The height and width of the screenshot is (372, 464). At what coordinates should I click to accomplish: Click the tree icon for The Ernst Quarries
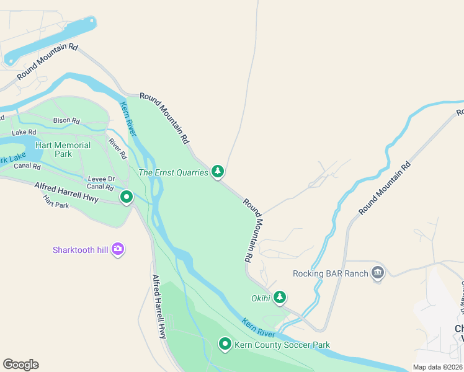(x=217, y=171)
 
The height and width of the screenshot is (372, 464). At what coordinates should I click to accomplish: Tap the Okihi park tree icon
(x=280, y=298)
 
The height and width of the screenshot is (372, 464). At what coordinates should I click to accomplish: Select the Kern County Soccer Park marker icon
(x=225, y=343)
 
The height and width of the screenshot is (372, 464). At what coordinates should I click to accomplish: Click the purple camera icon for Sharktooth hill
(x=118, y=249)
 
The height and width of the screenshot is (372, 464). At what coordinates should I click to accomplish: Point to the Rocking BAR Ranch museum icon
(x=377, y=273)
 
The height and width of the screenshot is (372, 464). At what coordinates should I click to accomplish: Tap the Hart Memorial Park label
(x=63, y=149)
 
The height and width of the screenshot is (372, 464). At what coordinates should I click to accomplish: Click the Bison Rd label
(x=67, y=120)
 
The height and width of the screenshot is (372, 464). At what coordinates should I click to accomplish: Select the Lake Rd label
(x=24, y=132)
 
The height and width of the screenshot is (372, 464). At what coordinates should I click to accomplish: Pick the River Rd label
(x=117, y=148)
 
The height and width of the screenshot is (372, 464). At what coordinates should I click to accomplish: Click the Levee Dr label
(x=101, y=179)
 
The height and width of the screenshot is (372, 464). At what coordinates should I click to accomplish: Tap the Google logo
(x=20, y=365)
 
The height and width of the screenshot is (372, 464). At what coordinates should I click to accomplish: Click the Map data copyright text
(x=437, y=367)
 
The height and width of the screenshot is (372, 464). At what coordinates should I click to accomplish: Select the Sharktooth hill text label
(x=81, y=250)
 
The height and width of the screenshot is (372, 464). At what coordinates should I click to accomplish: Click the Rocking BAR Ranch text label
(x=331, y=273)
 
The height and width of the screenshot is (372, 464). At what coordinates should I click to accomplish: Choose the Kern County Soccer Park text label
(x=282, y=345)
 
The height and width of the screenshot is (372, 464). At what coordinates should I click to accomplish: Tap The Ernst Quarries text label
(x=173, y=172)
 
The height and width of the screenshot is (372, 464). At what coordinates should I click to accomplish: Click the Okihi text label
(x=261, y=298)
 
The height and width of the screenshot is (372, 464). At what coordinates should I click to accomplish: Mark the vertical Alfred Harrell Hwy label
(x=159, y=306)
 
